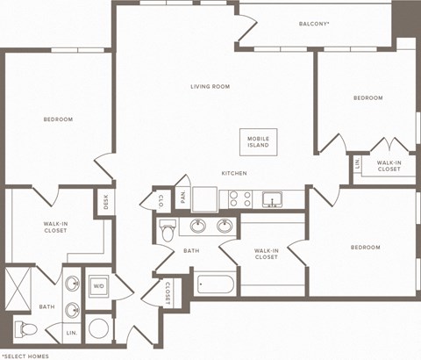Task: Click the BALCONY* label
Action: point(313,24)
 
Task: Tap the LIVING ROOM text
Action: point(210,87)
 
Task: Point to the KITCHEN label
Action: point(233,173)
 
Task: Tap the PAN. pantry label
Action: point(183,198)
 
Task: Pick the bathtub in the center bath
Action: point(216,284)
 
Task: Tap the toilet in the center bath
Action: point(168,230)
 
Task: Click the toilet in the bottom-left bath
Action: point(28,330)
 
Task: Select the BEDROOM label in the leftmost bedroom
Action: point(58,119)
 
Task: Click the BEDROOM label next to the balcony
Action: point(367,97)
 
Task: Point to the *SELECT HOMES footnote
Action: point(25,354)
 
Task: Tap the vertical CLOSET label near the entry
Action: point(167,292)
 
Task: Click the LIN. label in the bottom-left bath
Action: point(72,334)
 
